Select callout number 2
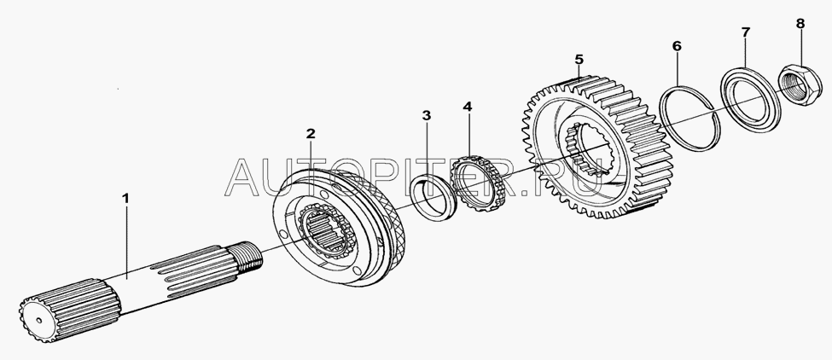click(311, 133)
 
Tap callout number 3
click(427, 115)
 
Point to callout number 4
click(467, 107)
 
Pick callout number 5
click(579, 58)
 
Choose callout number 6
click(677, 46)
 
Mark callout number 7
click(746, 32)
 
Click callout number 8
click(800, 23)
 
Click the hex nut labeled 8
click(800, 84)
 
